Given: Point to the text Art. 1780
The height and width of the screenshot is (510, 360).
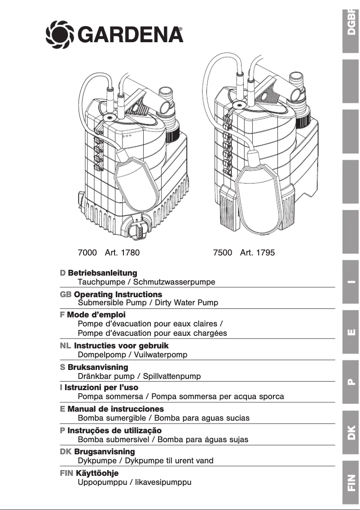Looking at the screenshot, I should point(122,253).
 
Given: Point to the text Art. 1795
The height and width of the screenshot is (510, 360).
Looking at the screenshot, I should point(257,253).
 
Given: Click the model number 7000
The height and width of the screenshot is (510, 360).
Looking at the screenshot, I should point(87,253).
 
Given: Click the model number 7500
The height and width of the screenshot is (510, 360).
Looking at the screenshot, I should point(223,253).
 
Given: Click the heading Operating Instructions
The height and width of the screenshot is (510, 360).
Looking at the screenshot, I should point(118,295).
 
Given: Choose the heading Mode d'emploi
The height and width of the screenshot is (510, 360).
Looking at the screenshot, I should point(96,315).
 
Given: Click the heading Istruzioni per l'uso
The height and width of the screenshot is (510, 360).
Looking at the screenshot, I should point(101,387).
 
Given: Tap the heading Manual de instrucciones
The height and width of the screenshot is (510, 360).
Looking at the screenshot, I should point(115,409).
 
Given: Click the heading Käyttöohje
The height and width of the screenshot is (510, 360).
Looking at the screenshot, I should point(97,474).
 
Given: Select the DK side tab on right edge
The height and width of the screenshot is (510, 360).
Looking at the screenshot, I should point(351,431).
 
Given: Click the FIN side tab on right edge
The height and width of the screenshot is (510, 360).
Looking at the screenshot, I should point(351,483).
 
